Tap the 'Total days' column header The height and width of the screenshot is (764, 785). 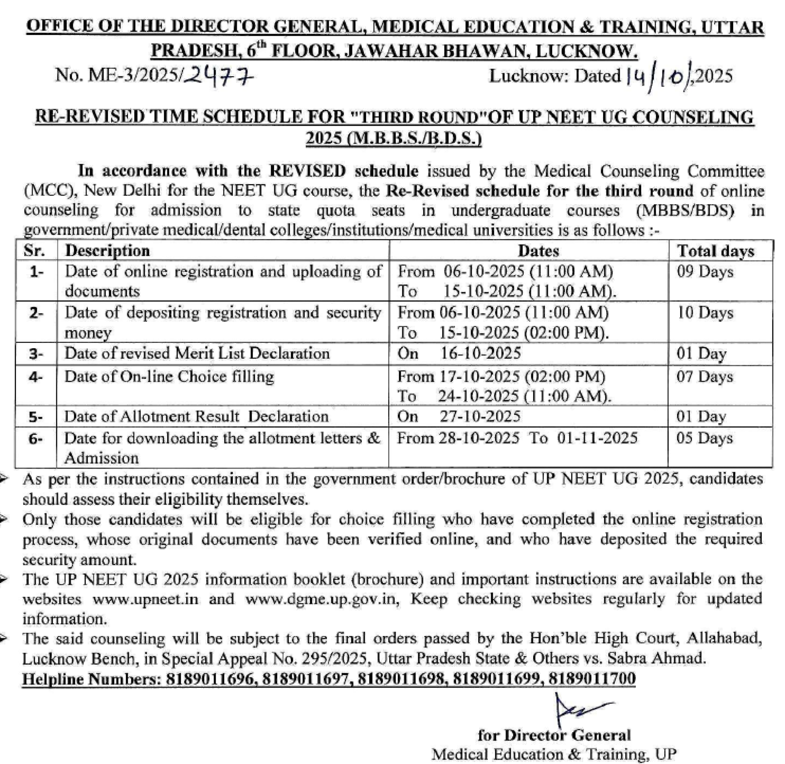[716, 251]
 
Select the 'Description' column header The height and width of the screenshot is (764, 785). [107, 251]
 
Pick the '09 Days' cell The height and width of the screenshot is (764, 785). [705, 272]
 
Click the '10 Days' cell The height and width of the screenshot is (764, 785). [705, 313]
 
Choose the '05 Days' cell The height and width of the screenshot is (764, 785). [705, 438]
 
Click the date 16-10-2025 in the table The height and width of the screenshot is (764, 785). [481, 354]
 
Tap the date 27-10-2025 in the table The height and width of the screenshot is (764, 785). [480, 417]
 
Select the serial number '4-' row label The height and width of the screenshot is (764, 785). [36, 377]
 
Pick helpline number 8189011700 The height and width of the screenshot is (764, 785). [592, 678]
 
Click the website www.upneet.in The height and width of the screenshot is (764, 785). [146, 599]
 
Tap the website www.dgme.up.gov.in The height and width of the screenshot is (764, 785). [322, 599]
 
